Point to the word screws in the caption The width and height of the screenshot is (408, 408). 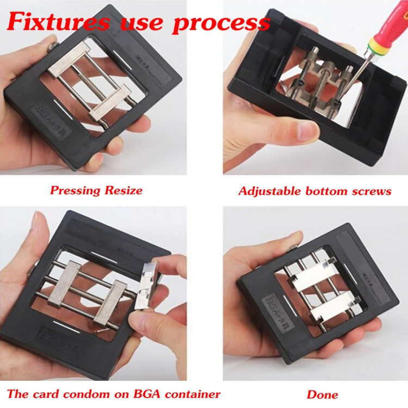(x=369, y=191)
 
